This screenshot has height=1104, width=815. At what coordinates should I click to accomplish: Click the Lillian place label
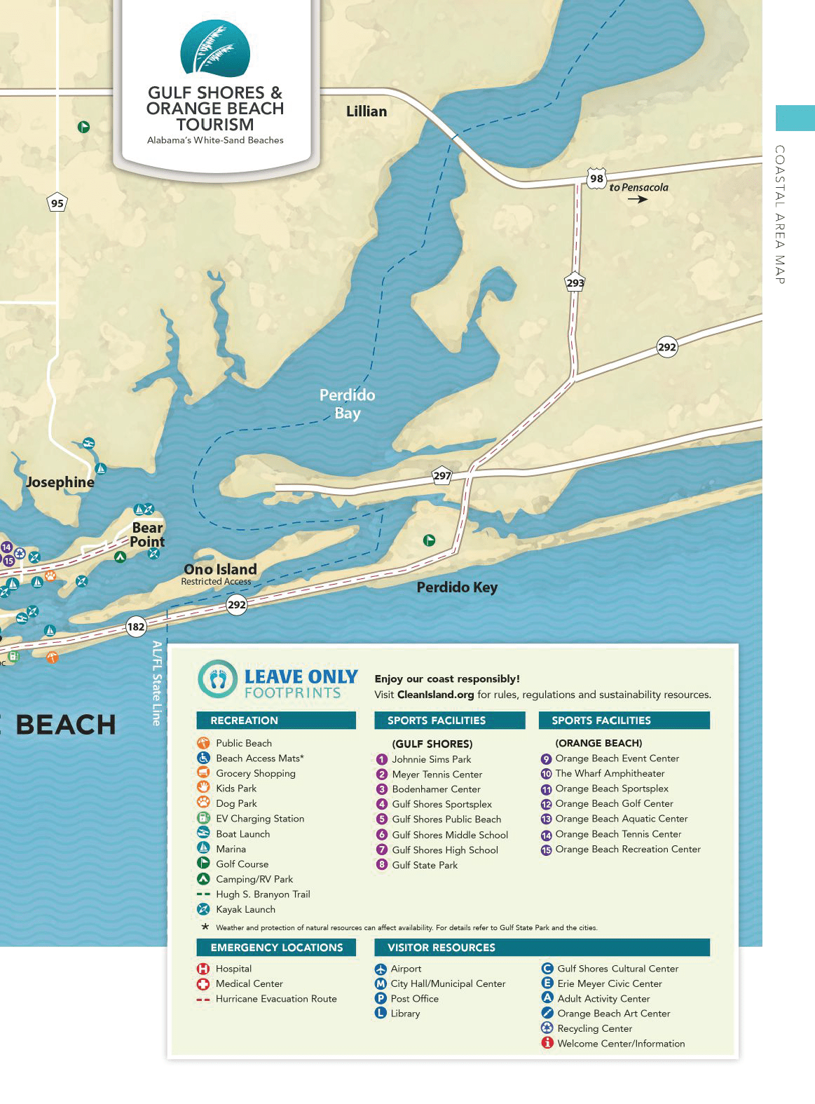coord(366,111)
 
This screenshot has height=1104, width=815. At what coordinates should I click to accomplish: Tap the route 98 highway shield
coord(596,177)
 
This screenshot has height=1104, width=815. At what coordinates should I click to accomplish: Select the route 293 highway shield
coord(575,282)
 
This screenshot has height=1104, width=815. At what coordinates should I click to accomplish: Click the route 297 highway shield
coord(441,475)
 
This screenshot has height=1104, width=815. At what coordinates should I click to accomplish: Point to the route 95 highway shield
coord(57,203)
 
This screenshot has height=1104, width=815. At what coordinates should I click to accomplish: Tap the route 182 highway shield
coord(136,627)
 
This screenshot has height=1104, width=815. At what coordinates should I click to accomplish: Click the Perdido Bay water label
coord(347,404)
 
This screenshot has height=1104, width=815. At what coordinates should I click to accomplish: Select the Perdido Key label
coord(457,587)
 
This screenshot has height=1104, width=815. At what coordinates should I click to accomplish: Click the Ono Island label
coord(220,569)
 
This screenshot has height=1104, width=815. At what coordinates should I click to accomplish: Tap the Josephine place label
coord(60,482)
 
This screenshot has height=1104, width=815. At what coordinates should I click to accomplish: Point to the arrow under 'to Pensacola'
coord(637,199)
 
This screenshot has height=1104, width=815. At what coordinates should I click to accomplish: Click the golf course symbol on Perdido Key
coord(429,540)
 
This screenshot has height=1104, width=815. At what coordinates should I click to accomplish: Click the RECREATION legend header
coord(244,721)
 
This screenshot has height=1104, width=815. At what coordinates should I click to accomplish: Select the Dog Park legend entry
coord(236,803)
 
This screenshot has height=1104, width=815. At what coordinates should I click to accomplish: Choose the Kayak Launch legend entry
coord(245,909)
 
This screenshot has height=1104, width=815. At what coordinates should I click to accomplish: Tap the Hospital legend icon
coord(203,969)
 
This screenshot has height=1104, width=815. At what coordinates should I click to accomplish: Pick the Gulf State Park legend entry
coord(424,865)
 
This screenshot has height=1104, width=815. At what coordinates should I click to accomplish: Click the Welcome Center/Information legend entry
coord(620,1044)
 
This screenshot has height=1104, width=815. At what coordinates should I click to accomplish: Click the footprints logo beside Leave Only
coord(218,679)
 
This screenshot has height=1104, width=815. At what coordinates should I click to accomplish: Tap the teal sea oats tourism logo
coord(214,49)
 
